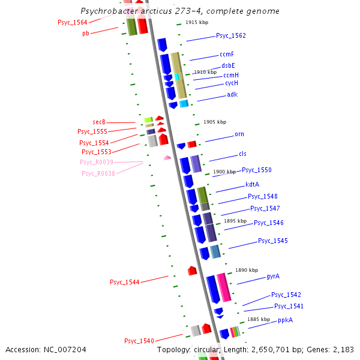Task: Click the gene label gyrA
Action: (273, 277)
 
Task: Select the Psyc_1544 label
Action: (124, 282)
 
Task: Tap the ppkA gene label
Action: (285, 320)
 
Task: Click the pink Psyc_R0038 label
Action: (98, 173)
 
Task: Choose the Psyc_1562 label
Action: (231, 36)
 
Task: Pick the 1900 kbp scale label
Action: (224, 172)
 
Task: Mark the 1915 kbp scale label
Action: (197, 22)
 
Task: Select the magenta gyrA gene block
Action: (224, 287)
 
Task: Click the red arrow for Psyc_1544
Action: (192, 271)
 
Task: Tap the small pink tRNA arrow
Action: (167, 157)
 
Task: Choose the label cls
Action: (242, 154)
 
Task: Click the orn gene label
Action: (239, 134)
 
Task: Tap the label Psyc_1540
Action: (139, 341)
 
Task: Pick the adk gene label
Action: (232, 95)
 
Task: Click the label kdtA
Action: (253, 184)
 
